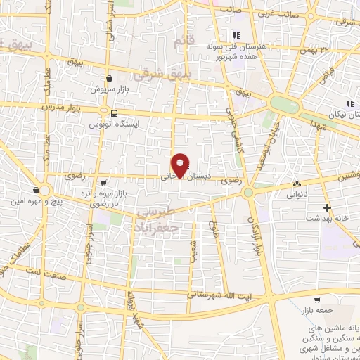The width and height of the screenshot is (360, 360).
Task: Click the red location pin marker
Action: (x=181, y=165)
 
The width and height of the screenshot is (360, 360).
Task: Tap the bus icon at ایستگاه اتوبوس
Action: (x=113, y=112)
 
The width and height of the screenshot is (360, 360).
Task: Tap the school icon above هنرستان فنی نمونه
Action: (x=237, y=35)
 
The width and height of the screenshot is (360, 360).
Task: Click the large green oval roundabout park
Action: (x=285, y=104)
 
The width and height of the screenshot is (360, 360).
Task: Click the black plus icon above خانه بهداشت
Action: (x=328, y=207)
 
